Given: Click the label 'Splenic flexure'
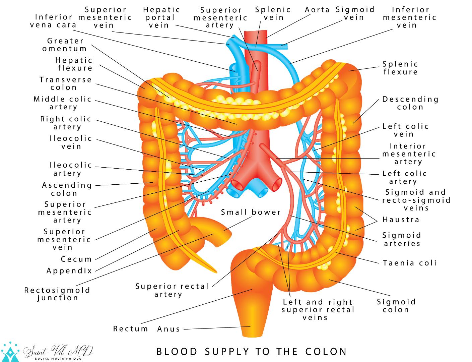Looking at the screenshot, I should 400,68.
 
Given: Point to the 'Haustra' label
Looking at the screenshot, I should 401,220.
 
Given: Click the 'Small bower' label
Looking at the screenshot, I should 251,212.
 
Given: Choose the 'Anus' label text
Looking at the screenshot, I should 169,329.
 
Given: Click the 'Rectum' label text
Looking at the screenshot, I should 131,328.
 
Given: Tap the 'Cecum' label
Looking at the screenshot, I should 76,259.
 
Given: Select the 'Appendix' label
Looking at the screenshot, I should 69,271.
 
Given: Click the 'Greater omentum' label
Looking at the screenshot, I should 65,45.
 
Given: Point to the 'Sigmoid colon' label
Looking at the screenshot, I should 396,305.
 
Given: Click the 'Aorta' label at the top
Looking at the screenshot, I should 317,10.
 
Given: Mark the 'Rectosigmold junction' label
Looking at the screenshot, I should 57,294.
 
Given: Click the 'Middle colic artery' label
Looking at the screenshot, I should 63,103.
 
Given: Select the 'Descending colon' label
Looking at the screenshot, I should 410,103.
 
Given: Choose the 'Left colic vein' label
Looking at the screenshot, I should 405,130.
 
